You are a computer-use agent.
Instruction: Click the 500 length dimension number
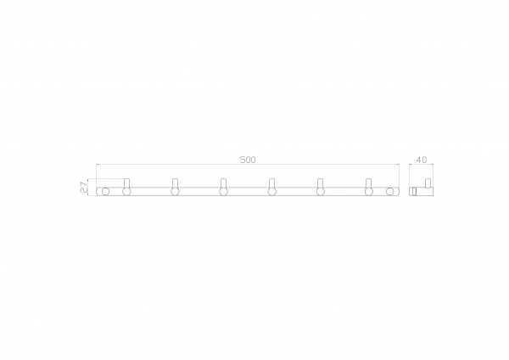point(248,160)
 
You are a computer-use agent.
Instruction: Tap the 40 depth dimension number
point(422,160)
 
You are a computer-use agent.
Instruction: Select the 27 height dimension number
point(84,187)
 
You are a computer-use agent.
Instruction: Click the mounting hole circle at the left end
point(105,191)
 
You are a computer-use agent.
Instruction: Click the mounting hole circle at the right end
point(390,191)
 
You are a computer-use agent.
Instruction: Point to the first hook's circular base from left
point(126,192)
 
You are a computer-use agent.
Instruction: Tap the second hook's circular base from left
point(175,192)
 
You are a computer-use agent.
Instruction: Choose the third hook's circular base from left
point(223,192)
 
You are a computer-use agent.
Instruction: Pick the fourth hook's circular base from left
point(272,192)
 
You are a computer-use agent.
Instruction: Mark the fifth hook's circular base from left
point(321,192)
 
